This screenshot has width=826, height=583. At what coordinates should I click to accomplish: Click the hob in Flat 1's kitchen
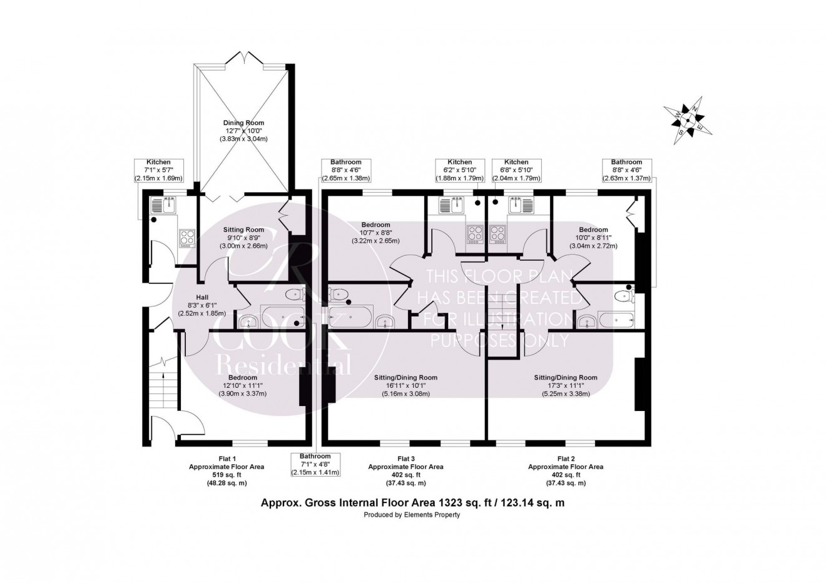coord(186,237)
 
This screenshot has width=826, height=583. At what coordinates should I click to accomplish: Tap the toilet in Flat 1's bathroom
coord(293,295)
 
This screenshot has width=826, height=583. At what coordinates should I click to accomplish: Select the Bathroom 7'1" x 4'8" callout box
coord(315,464)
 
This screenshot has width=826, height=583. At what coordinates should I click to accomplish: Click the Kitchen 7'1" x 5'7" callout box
coord(158,170)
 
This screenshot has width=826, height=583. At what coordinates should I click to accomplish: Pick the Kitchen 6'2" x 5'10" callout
coord(459,170)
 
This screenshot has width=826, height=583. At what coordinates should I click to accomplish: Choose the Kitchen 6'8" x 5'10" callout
coord(516,170)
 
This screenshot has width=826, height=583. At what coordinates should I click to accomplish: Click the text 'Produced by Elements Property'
coord(412,515)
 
